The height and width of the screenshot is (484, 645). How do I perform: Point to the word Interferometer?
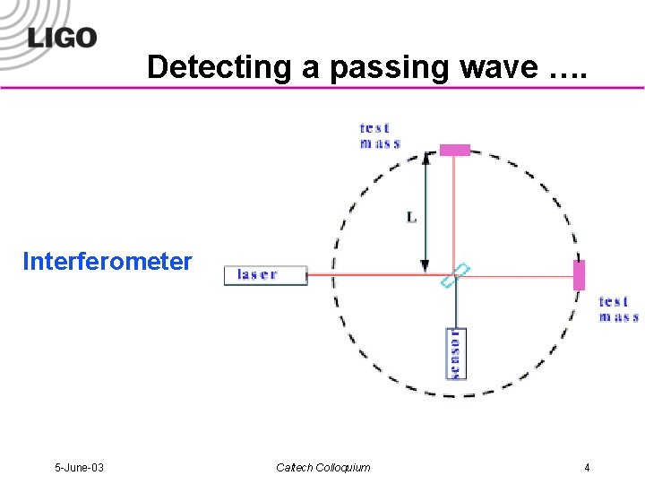coord(107,262)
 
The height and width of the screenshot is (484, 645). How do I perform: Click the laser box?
coord(265,275)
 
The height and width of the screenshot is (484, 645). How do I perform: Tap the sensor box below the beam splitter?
coord(455,353)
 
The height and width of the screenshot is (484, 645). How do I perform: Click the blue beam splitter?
coord(455,275)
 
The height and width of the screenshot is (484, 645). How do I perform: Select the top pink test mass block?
coord(454,150)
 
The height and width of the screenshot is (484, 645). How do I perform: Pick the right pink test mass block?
coord(579,275)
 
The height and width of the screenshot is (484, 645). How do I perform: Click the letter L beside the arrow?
coord(411,218)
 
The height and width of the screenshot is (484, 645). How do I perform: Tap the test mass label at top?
coord(380,135)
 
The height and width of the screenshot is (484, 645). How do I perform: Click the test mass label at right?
coord(618,309)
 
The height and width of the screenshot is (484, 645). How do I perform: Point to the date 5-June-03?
coord(79,467)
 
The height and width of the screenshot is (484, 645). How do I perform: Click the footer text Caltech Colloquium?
coord(322,467)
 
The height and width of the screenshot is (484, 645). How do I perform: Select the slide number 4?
coord(587,467)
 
